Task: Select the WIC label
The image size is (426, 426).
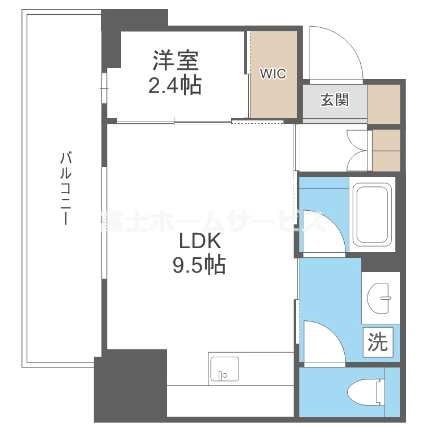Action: (273, 74)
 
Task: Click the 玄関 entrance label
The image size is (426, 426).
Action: (335, 100)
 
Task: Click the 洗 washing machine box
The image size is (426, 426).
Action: (377, 341)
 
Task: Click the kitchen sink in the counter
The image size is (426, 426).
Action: (224, 369)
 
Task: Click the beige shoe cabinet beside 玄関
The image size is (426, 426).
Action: (384, 103)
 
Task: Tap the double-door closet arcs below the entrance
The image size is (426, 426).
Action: (358, 151)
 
